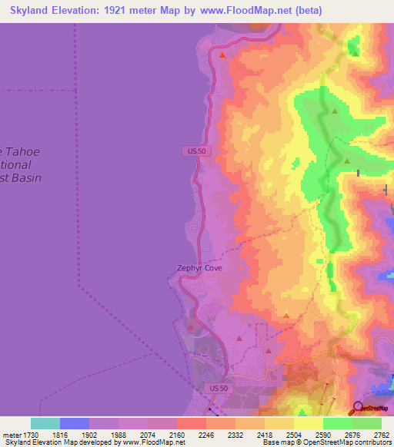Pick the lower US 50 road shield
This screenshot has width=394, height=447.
(x=219, y=389)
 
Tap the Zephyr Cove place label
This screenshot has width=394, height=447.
(x=199, y=268)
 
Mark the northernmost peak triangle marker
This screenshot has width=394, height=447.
(x=222, y=55)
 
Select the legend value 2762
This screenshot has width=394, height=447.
(x=382, y=434)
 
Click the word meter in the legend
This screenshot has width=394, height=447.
(x=12, y=434)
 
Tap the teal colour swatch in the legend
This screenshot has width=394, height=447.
(x=45, y=423)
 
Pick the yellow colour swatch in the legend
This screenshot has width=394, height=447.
(x=308, y=423)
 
